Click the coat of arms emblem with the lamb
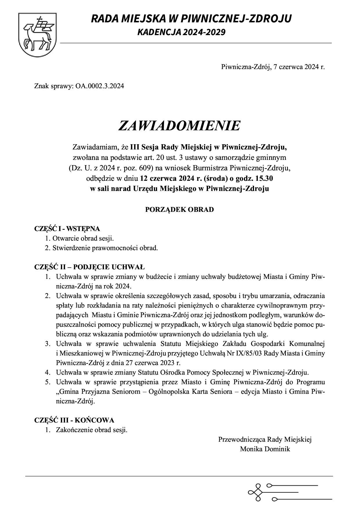(x=37, y=35)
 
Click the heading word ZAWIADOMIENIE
(x=179, y=126)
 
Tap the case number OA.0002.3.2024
(x=100, y=86)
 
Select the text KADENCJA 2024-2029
(x=181, y=32)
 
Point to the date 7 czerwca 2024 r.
(x=299, y=67)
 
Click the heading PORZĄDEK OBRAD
(x=179, y=210)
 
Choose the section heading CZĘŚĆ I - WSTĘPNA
(x=67, y=229)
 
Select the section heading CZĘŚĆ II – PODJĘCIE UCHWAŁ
(x=89, y=267)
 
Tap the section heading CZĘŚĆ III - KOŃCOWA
(x=74, y=420)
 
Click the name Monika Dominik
(x=265, y=449)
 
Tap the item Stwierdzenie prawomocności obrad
(x=105, y=248)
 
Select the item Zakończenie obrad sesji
(x=92, y=430)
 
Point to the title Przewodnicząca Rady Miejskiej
(x=265, y=440)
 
